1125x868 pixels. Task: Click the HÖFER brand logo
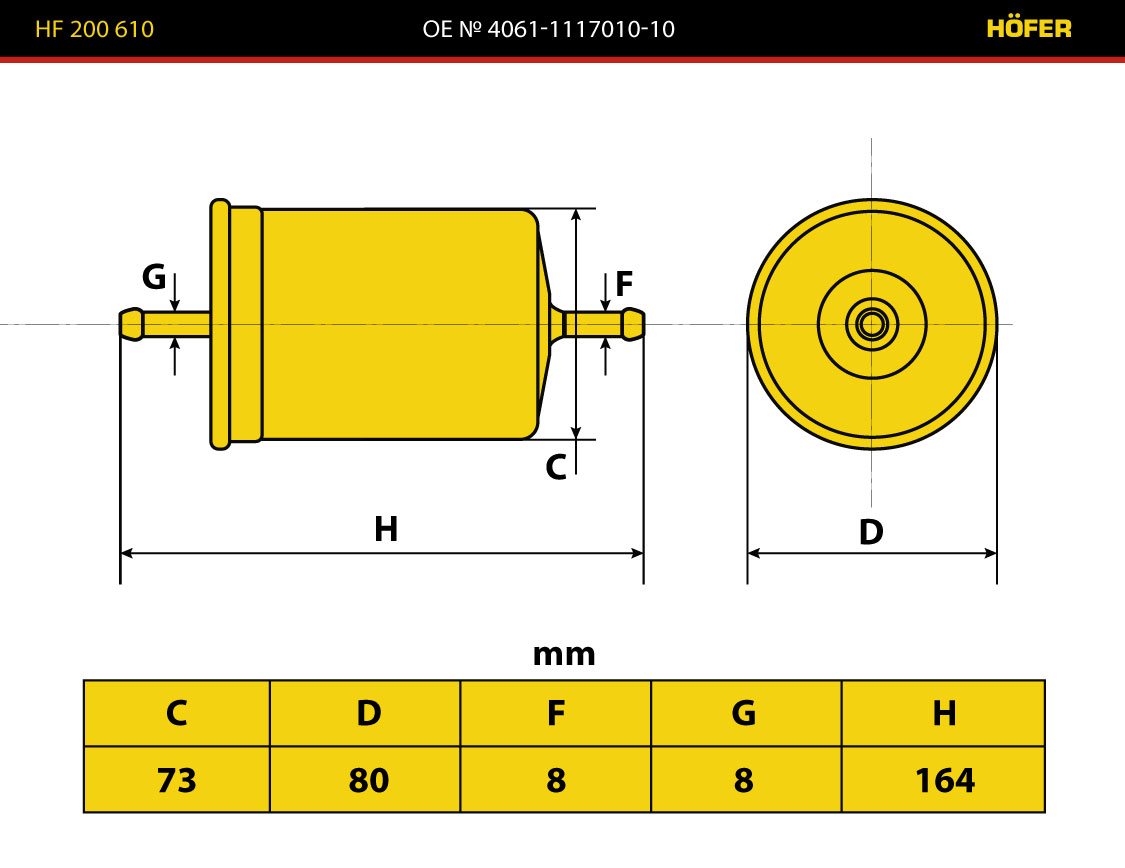coord(1029,28)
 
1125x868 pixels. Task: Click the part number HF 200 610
coord(94,29)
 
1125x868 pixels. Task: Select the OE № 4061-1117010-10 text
coord(548,29)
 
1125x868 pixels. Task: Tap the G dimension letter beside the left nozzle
coord(154,276)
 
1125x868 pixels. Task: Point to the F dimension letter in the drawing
coord(624,283)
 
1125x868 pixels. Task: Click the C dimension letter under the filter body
coord(556,467)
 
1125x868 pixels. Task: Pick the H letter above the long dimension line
coord(386,529)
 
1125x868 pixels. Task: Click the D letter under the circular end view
coord(871,532)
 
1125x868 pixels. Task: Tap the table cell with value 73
coord(176,780)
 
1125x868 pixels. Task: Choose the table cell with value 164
coord(943,780)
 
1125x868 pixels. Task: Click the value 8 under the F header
coord(555,780)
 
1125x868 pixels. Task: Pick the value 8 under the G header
coord(743,780)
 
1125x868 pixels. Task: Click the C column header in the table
coord(176,713)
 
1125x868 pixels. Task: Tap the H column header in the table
coord(943,713)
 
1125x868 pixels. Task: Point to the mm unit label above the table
coord(564,655)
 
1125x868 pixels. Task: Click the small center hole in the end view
coord(872,324)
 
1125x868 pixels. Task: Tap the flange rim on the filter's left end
coord(220,324)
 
